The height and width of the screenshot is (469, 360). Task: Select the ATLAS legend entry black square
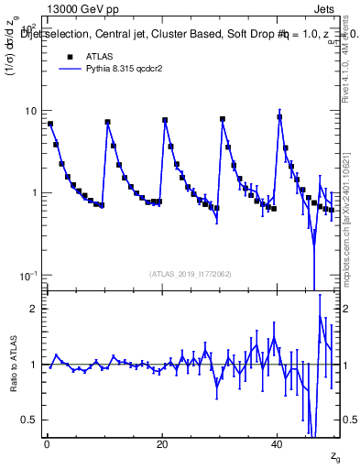pos(70,56)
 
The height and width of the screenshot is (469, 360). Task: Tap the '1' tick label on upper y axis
pos(34,193)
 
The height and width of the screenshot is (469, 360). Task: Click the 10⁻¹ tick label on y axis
pos(28,275)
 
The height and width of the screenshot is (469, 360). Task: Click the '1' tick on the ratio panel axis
pos(34,365)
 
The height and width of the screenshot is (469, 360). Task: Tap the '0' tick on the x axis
pos(47,444)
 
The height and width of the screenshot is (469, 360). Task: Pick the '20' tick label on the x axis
pos(162,444)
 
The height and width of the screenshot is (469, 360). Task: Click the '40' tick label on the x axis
pos(278,444)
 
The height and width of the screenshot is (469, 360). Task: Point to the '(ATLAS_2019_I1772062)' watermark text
pos(190,273)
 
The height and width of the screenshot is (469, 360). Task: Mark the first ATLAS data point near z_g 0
pos(50,124)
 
